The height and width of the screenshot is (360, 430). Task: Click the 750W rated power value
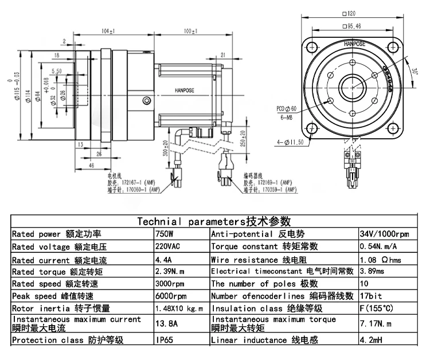(164, 234)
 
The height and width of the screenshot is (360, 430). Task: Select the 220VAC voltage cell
(168, 246)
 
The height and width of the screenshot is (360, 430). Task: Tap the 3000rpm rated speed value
(170, 284)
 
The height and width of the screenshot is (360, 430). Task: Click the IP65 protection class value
(164, 340)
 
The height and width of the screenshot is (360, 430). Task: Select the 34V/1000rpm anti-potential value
(384, 234)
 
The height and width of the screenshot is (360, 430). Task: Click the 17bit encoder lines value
(369, 296)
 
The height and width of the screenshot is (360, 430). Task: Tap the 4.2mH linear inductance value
(370, 340)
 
